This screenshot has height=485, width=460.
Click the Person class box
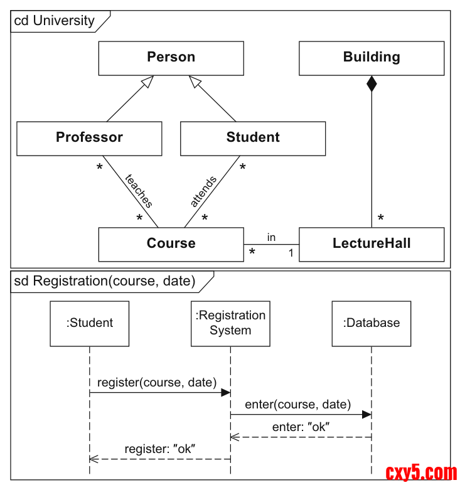(171, 58)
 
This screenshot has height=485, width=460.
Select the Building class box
(372, 58)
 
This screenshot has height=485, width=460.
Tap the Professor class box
(89, 138)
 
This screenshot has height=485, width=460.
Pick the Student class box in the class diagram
(253, 138)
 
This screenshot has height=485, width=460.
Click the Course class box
(171, 244)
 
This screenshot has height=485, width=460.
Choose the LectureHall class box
(372, 244)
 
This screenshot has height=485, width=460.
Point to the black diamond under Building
(372, 83)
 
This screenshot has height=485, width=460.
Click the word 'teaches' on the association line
(139, 191)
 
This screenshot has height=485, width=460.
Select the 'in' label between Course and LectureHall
(271, 237)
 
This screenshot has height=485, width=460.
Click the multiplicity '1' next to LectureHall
(291, 253)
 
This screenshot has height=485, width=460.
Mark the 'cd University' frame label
(55, 21)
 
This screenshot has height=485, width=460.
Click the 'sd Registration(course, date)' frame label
(105, 281)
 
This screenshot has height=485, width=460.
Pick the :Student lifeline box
(90, 323)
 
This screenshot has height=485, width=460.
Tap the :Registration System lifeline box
(230, 323)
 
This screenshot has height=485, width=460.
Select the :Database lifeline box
(372, 323)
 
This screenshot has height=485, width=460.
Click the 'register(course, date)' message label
(157, 382)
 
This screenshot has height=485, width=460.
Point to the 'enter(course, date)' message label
(298, 405)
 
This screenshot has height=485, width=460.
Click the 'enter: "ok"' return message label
(301, 427)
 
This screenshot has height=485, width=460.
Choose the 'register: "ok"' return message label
(160, 449)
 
